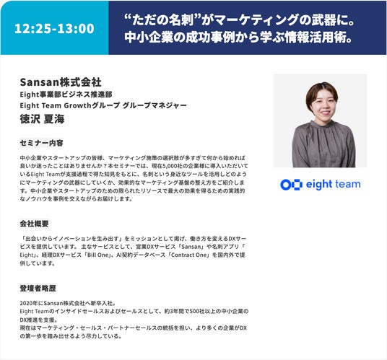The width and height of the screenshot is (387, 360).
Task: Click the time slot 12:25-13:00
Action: click(54, 28)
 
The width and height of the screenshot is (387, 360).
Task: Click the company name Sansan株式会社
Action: click(61, 82)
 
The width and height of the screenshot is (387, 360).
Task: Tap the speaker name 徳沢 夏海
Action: click(42, 119)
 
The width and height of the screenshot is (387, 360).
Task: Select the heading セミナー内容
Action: click(41, 143)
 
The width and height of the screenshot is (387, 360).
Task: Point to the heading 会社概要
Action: click(34, 224)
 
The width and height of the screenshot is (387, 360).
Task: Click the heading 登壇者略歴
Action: click(38, 289)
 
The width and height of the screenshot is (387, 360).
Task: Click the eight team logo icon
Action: click(291, 185)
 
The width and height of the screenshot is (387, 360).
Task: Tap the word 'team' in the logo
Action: click(347, 184)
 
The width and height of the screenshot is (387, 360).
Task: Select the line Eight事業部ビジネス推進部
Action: click(66, 95)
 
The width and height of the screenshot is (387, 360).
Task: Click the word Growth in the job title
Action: click(78, 105)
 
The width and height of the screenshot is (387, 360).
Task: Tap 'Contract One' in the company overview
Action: click(188, 255)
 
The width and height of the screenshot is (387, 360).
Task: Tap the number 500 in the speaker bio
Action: click(194, 312)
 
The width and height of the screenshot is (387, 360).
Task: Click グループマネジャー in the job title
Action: click(155, 105)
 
